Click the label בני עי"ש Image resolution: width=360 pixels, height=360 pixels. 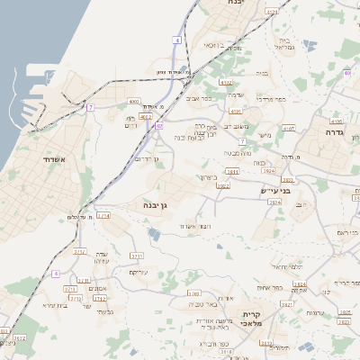coord(276,190)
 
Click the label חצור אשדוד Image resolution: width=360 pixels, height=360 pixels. coord(193,226)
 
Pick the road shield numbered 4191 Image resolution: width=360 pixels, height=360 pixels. coord(236,111)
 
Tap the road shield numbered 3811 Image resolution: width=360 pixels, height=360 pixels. coord(233,171)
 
